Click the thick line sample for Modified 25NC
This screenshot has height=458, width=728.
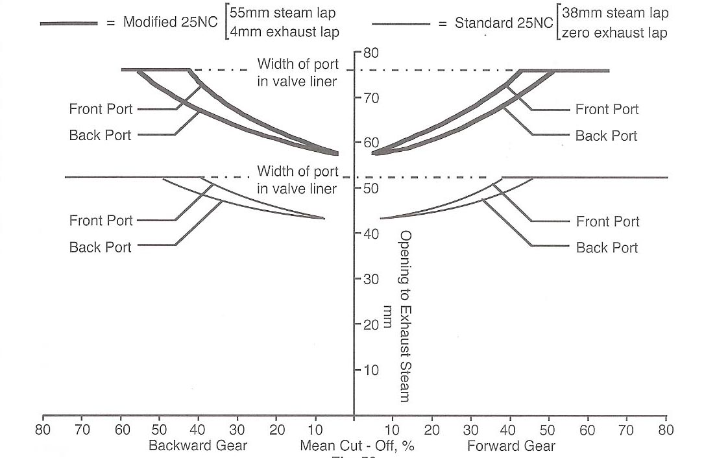pyautogui.click(x=68, y=23)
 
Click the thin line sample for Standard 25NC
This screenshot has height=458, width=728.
pyautogui.click(x=401, y=24)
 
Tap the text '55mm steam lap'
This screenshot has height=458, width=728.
pyautogui.click(x=284, y=13)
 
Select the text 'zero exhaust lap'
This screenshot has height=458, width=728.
pyautogui.click(x=614, y=33)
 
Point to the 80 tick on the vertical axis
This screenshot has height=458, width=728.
pyautogui.click(x=370, y=53)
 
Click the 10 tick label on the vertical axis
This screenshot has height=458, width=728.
pyautogui.click(x=370, y=370)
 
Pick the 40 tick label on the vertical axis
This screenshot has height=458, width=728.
pyautogui.click(x=370, y=234)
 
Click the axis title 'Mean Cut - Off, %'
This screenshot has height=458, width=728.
pyautogui.click(x=357, y=446)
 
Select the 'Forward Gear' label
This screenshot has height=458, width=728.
pyautogui.click(x=511, y=446)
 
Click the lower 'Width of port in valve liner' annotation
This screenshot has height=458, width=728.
pyautogui.click(x=298, y=180)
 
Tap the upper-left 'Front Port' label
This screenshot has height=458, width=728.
pyautogui.click(x=101, y=109)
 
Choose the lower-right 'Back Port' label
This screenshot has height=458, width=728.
pyautogui.click(x=607, y=247)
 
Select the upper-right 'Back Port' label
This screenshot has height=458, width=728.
pyautogui.click(x=607, y=136)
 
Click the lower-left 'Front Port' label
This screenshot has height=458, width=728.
pyautogui.click(x=101, y=221)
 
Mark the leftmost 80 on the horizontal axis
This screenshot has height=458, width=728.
pyautogui.click(x=43, y=429)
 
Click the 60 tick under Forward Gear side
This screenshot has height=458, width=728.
pyautogui.click(x=587, y=429)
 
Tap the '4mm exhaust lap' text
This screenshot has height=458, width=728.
pyautogui.click(x=284, y=31)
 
